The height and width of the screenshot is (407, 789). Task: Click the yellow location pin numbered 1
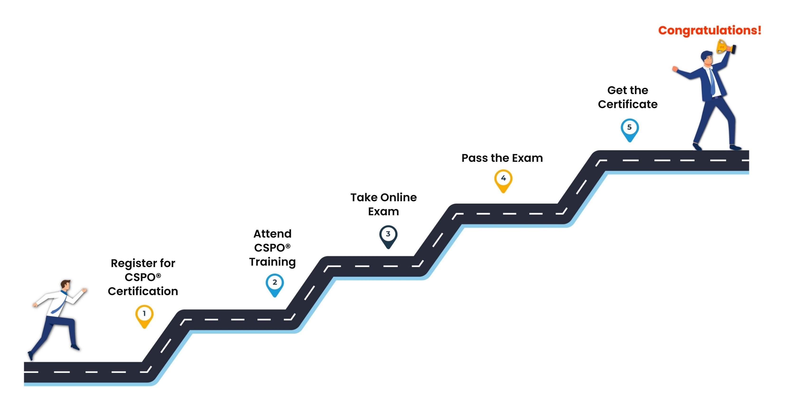pyautogui.click(x=144, y=316)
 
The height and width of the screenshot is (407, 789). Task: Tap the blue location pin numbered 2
pyautogui.click(x=275, y=285)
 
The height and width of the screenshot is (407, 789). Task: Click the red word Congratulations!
pyautogui.click(x=710, y=30)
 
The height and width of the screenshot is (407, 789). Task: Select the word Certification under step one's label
pyautogui.click(x=143, y=291)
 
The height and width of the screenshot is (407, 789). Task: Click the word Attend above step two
pyautogui.click(x=272, y=234)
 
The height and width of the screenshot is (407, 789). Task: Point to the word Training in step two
pyautogui.click(x=272, y=262)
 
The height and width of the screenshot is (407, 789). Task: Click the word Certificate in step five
pyautogui.click(x=628, y=105)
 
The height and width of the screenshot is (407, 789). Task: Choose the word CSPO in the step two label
pyautogui.click(x=269, y=248)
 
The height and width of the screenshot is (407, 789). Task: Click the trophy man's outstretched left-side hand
pyautogui.click(x=675, y=69)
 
